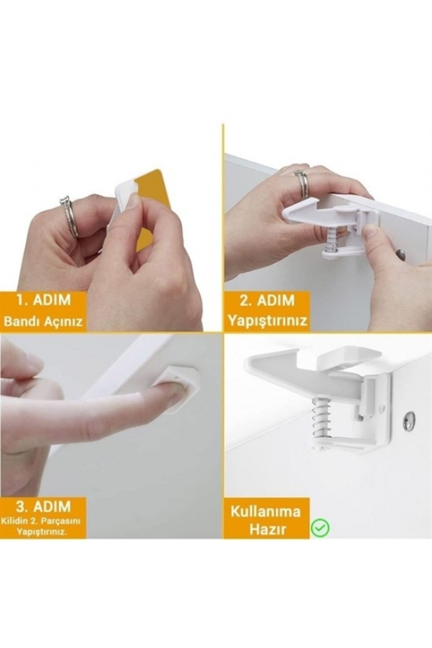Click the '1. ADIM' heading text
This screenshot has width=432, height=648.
coord(44,300)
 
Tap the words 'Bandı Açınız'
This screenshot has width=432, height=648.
coord(43,321)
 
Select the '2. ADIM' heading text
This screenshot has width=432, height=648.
coord(267,300)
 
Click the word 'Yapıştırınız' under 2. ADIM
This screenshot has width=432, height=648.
coord(267,320)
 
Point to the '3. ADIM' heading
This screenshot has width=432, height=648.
coord(43,507)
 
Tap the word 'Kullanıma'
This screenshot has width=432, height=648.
coord(266,511)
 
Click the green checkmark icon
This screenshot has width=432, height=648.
coord(320,528)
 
